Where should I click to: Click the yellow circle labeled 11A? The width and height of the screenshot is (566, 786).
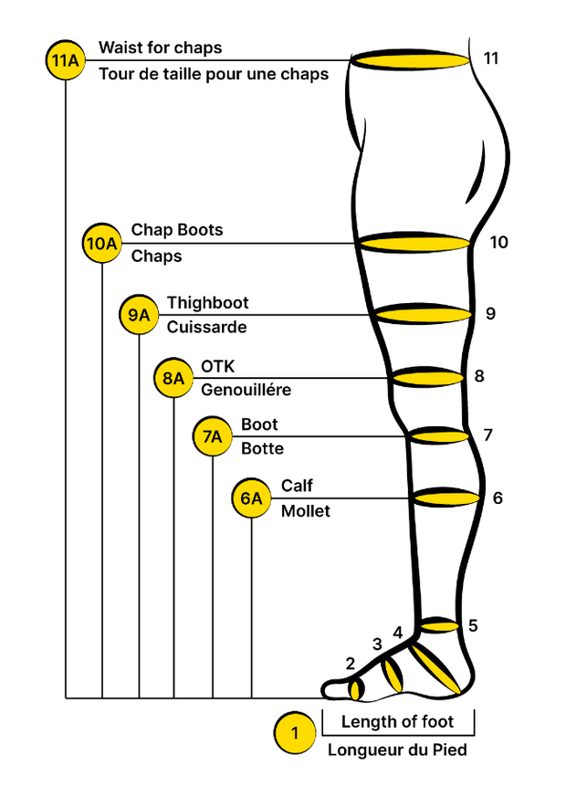tap(66, 61)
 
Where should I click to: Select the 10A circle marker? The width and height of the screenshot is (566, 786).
tap(102, 244)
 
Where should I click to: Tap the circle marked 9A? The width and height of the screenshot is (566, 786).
tap(139, 315)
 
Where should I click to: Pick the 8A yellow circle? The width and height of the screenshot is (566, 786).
tap(173, 378)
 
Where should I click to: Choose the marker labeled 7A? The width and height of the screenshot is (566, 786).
tap(213, 437)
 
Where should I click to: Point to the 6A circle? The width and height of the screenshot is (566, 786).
tap(252, 498)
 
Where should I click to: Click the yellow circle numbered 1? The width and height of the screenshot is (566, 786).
tap(295, 733)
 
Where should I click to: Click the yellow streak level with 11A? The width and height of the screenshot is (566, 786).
tap(413, 61)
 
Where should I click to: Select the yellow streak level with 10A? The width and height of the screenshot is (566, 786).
tap(415, 244)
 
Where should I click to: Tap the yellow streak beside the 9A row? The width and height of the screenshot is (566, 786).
tap(424, 315)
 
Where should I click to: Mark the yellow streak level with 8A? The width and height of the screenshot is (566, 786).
tap(428, 378)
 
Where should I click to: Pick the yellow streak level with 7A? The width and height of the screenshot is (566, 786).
tap(440, 437)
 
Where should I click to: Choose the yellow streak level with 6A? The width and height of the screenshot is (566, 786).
tap(447, 498)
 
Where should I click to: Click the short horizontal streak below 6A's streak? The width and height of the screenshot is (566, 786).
tap(439, 626)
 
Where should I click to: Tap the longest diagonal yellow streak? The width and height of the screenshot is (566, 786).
tap(435, 669)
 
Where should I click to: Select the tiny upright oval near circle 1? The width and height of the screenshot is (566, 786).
tap(355, 691)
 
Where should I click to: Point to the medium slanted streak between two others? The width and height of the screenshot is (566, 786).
tap(393, 676)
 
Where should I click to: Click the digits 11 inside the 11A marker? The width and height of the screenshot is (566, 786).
tap(59, 61)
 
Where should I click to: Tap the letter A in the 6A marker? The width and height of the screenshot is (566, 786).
tap(257, 498)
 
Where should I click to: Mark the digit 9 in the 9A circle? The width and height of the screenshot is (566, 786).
tap(133, 315)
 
